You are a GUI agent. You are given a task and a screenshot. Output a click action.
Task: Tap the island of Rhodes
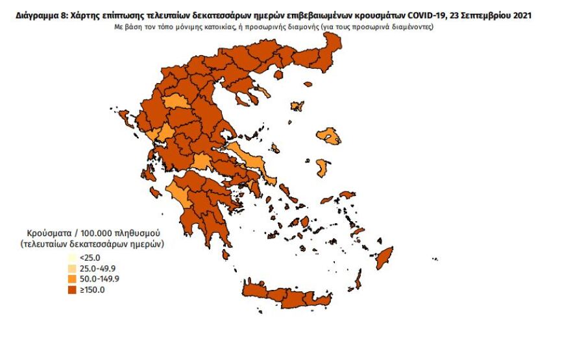pos(386,256)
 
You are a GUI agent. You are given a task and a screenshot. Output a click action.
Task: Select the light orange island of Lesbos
pos(333,136)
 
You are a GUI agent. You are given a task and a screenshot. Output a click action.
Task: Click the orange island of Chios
pos(321,168)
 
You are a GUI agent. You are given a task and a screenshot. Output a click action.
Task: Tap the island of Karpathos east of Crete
pos(358,282)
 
